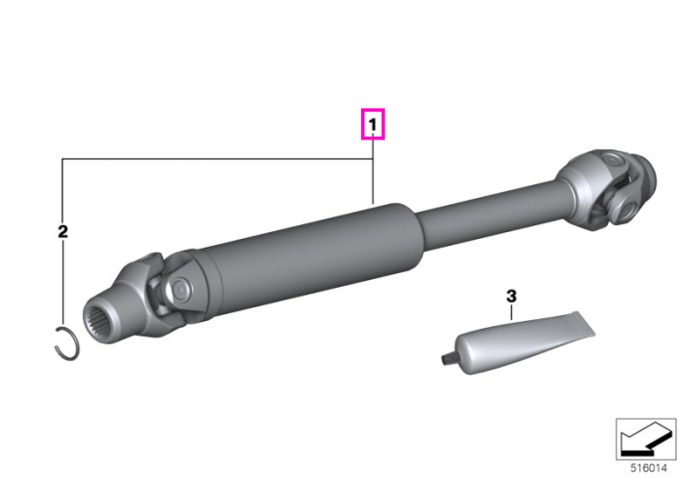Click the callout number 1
click(373, 125)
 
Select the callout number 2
click(62, 231)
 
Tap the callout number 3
click(511, 296)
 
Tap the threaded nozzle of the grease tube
click(446, 359)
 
